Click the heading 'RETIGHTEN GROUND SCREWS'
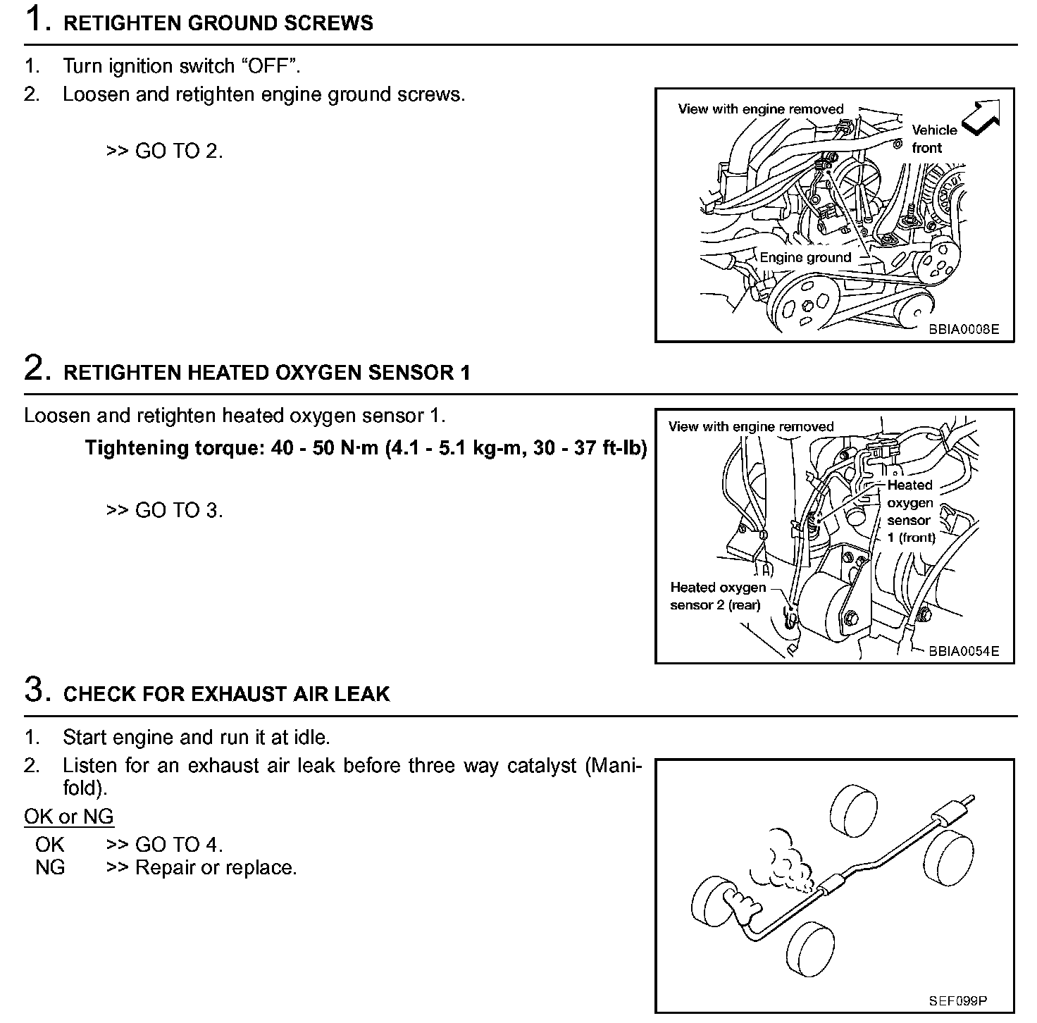[218, 23]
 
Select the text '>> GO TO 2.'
[165, 151]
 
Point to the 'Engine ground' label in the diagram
[805, 258]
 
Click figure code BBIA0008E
[963, 329]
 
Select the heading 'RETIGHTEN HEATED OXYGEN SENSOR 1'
[267, 373]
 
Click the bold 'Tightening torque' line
[366, 448]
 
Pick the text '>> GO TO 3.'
[165, 510]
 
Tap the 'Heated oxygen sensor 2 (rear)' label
[717, 596]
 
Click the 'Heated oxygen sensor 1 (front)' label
[910, 512]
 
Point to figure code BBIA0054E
[963, 651]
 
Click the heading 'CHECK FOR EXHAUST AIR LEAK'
[226, 694]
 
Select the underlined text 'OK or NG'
[68, 817]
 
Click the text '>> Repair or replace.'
[201, 867]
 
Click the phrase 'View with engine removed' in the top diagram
[760, 109]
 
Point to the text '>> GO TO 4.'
[165, 844]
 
